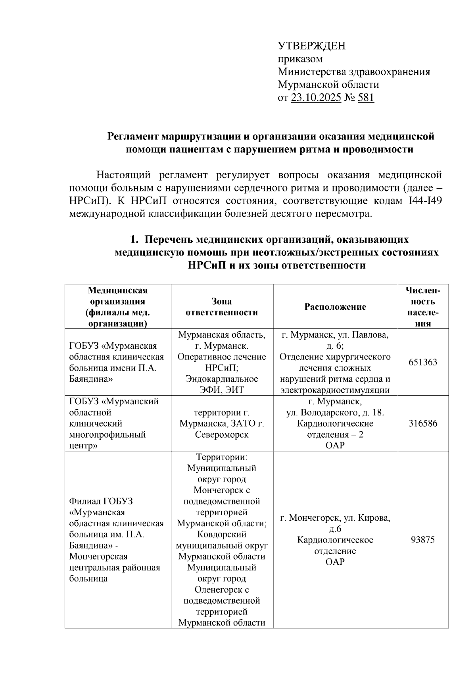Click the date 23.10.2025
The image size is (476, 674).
point(316,98)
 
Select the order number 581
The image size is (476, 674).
point(366,98)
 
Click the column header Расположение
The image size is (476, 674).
point(335,307)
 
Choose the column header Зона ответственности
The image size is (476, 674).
point(222,307)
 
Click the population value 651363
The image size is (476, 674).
point(423,362)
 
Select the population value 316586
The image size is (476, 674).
point(423,423)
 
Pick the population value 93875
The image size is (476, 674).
point(423,540)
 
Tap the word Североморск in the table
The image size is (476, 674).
point(222,435)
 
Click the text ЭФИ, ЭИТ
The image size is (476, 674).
point(222,390)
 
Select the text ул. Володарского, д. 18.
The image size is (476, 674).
point(335,413)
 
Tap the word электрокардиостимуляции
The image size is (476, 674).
point(335,390)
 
